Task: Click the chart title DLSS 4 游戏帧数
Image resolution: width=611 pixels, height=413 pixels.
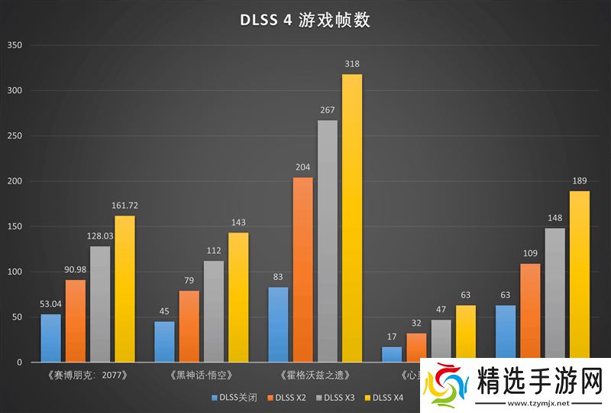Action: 305,20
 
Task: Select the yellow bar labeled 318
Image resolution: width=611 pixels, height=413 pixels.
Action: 352,218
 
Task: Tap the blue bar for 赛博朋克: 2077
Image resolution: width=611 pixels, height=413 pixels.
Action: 51,337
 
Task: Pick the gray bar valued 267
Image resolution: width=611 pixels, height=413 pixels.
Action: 328,241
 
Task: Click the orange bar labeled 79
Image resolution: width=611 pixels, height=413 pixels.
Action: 189,326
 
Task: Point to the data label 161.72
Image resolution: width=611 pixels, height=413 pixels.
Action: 124,206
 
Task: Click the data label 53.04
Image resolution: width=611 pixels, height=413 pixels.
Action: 51,304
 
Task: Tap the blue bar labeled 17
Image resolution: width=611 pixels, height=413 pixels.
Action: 392,354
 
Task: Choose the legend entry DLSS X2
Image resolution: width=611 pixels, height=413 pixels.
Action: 289,397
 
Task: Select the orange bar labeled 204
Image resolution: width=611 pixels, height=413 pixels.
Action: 303,269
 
